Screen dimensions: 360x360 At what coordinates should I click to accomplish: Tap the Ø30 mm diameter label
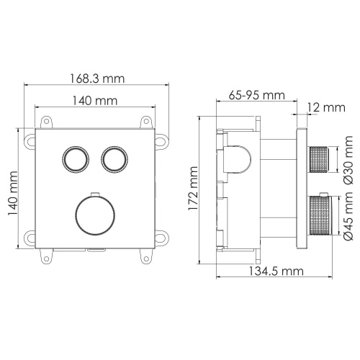348,162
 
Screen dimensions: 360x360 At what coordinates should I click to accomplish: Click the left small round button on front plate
73,158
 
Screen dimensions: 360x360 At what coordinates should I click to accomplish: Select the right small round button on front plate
112,158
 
